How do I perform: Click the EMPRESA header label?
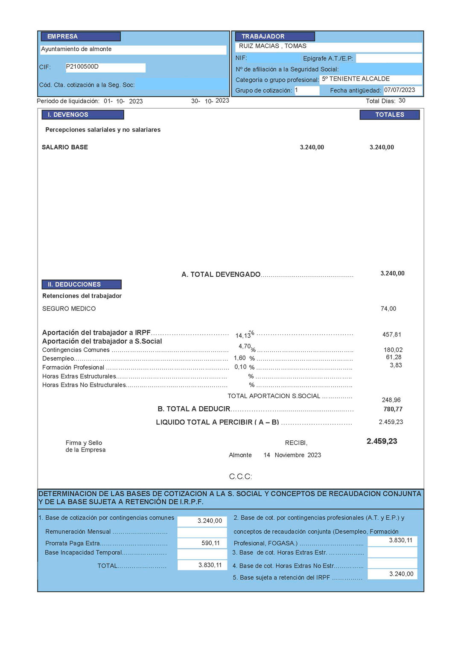[x=62, y=37]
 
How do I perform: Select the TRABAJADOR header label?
[x=263, y=37]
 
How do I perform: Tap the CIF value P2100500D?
[x=82, y=67]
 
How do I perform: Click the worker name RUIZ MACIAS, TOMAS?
[x=272, y=46]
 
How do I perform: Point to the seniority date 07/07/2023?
[x=400, y=90]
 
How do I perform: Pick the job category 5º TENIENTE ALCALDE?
[x=356, y=79]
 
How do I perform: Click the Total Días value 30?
[x=402, y=101]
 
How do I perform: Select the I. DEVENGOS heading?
[x=68, y=115]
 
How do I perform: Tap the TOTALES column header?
[x=389, y=115]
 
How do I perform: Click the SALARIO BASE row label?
[x=65, y=147]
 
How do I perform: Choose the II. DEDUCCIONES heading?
[x=74, y=284]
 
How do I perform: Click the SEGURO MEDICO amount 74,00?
[x=388, y=309]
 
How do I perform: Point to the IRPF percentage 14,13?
[x=243, y=336]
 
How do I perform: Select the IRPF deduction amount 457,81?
[x=391, y=335]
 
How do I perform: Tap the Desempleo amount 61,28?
[x=394, y=357]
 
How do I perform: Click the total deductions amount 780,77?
[x=393, y=409]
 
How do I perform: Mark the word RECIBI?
[x=296, y=443]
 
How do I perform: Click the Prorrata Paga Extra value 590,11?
[x=210, y=543]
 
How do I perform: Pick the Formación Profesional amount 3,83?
[x=396, y=365]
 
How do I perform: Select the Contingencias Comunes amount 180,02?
[x=393, y=350]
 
